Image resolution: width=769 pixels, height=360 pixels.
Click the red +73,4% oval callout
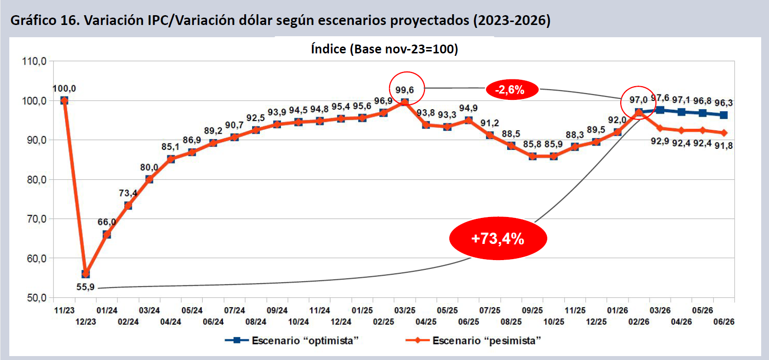tap(498, 239)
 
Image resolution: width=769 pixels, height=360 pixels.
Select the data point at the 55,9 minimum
tap(86, 274)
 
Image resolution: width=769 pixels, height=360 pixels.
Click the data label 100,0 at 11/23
tap(64, 89)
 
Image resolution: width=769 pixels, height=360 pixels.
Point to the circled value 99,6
tap(405, 90)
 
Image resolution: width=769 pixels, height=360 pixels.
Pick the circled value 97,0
tap(638, 100)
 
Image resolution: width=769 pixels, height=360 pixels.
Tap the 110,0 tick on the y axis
tap(34, 61)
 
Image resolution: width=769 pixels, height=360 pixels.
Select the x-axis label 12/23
tap(86, 322)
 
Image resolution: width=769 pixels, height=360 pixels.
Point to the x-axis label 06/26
tap(723, 322)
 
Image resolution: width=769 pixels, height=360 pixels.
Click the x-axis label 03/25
tap(405, 311)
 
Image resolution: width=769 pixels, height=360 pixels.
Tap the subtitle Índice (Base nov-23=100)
tap(384, 49)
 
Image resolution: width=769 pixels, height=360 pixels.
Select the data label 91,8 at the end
tap(723, 145)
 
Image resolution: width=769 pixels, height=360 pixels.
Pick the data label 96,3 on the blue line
tap(723, 103)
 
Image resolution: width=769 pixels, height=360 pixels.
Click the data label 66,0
tap(106, 222)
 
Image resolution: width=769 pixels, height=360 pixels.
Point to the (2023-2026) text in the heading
tap(512, 20)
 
